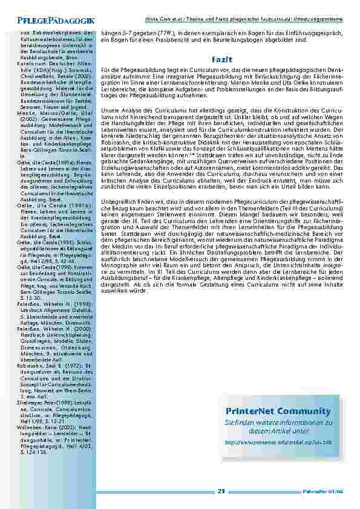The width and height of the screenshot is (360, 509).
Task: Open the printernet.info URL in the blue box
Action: (x=280, y=442)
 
